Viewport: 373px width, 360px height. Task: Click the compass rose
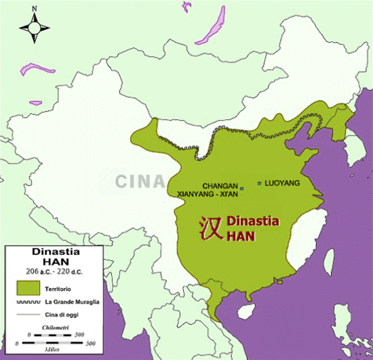click(33, 28)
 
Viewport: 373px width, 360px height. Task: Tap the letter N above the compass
click(33, 10)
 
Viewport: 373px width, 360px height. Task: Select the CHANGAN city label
click(220, 185)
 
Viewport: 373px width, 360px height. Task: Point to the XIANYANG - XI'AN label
click(208, 194)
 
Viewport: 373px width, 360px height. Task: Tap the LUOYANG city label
click(282, 183)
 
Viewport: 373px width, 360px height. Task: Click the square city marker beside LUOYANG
click(260, 182)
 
